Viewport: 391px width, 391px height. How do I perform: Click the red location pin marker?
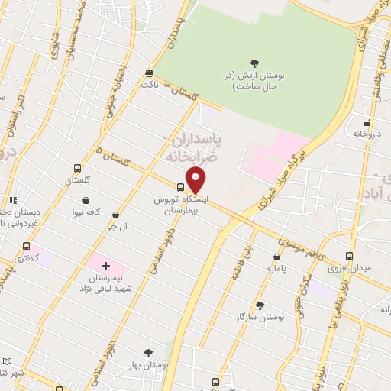tap(196, 180)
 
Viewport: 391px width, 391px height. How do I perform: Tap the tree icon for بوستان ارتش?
tap(254, 63)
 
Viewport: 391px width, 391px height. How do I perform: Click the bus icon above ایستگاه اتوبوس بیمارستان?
tap(181, 186)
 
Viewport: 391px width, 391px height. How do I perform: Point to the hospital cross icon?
tap(105, 266)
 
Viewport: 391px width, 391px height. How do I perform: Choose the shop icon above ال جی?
tap(115, 215)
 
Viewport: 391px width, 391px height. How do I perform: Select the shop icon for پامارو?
tap(278, 257)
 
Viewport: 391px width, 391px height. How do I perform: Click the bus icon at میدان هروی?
tap(349, 256)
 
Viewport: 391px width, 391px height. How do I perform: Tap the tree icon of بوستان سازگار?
tap(260, 304)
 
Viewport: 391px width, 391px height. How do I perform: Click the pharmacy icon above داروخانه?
tap(367, 122)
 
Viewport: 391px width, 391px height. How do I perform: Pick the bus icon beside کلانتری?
tap(27, 247)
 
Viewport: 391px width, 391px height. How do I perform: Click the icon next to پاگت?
tap(149, 74)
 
